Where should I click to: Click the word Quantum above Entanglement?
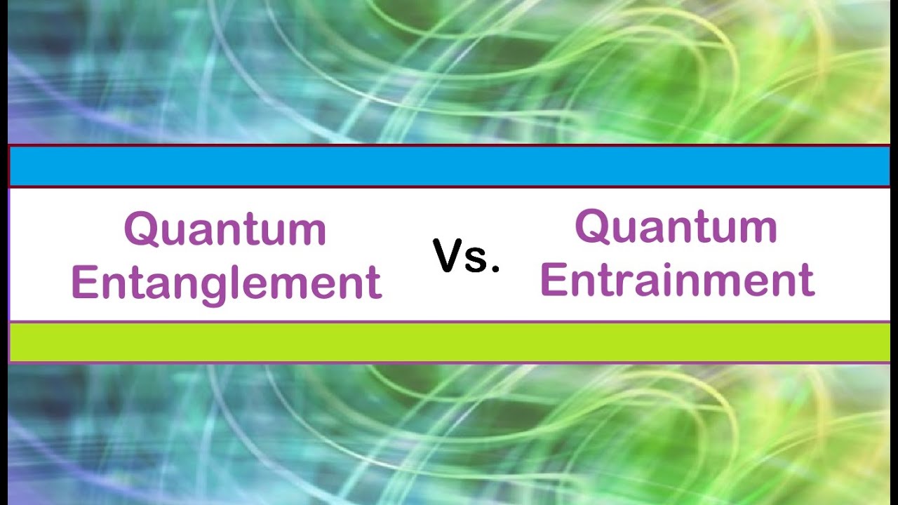(x=225, y=229)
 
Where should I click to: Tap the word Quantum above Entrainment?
(x=676, y=226)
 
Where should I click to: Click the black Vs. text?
(x=467, y=256)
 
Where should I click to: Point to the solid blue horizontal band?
(x=449, y=166)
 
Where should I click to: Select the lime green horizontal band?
(x=449, y=342)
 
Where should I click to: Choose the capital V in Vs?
(x=449, y=256)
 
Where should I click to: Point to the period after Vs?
(x=495, y=269)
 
